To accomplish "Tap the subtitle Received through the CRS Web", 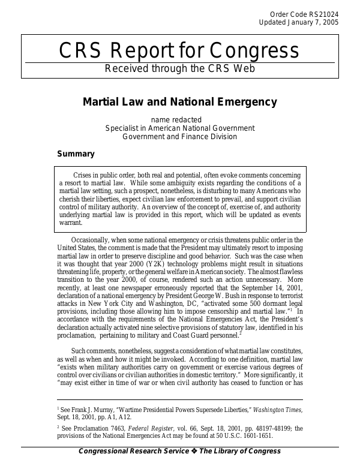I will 179,68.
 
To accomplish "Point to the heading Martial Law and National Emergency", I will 180,100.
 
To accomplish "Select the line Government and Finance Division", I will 180,137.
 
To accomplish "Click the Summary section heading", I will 76,154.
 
